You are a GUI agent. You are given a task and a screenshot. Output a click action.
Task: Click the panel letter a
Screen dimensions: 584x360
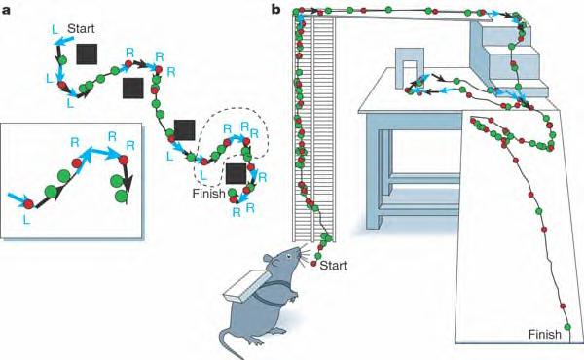click(x=6, y=10)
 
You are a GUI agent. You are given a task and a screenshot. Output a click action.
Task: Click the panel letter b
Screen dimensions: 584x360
click(x=276, y=9)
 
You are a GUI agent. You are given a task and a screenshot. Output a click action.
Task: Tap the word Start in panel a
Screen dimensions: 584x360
click(x=81, y=28)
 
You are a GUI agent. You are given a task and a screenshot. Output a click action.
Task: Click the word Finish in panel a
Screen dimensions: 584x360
click(x=208, y=194)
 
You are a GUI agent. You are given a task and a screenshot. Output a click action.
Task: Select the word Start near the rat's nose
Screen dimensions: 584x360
click(x=333, y=266)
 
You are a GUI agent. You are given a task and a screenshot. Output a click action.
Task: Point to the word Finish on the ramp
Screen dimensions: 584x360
click(x=544, y=335)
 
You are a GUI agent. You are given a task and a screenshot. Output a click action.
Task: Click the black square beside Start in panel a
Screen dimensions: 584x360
click(x=87, y=54)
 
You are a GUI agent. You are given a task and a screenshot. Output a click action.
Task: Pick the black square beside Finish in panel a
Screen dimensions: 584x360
click(x=237, y=173)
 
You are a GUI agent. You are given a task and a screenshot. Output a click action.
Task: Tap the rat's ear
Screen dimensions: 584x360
click(x=270, y=259)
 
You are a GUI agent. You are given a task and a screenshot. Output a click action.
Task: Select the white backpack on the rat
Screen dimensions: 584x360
click(x=246, y=287)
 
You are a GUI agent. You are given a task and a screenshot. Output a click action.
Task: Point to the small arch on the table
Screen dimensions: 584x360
click(x=409, y=69)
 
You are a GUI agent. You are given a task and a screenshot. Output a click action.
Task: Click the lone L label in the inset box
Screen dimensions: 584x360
click(x=25, y=220)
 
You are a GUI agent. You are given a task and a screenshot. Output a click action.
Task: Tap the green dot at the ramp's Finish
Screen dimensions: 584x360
click(x=567, y=327)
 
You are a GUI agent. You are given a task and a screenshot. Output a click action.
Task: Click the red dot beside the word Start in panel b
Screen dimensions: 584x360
click(x=313, y=264)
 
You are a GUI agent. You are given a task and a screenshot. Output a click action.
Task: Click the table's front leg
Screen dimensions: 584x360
click(x=374, y=171)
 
